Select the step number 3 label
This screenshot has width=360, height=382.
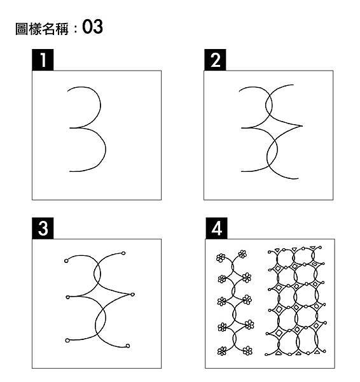(42, 229)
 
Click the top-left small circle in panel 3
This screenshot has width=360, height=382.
(67, 260)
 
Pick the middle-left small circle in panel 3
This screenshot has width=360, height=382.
(67, 297)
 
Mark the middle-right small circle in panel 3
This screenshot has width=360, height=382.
(133, 294)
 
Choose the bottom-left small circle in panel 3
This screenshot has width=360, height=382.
(67, 340)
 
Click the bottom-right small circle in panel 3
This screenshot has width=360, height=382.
(128, 346)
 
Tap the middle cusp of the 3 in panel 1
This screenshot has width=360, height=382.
(71, 128)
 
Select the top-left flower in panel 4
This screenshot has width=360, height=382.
(221, 258)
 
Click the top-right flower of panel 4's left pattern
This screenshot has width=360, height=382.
(242, 254)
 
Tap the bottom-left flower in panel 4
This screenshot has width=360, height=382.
(222, 351)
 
